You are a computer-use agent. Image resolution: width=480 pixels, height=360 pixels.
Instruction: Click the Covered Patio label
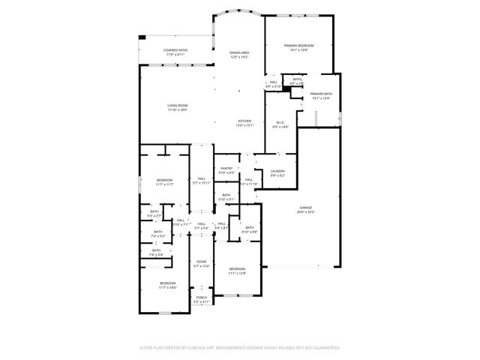click(x=176, y=50)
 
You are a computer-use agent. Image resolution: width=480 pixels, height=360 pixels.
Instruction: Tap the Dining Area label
click(x=239, y=52)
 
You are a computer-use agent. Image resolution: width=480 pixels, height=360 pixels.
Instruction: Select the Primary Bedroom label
click(x=298, y=46)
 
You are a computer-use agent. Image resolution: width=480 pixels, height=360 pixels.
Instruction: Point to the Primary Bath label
click(x=321, y=94)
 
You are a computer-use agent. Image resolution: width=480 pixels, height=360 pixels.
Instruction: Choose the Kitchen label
click(x=244, y=121)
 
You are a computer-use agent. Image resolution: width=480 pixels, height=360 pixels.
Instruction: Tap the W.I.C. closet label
click(x=279, y=122)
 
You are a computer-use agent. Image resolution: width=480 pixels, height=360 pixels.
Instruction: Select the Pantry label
click(x=226, y=169)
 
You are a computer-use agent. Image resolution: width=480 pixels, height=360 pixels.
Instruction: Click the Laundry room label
click(x=277, y=171)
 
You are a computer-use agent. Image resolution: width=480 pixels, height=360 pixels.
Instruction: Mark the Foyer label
click(x=201, y=261)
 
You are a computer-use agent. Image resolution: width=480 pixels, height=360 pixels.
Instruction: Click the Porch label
click(x=201, y=297)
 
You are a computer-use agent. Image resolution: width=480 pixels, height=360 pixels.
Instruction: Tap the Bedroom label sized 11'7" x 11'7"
click(x=165, y=180)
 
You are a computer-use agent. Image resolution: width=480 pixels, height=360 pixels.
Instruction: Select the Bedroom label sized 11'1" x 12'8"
click(x=237, y=268)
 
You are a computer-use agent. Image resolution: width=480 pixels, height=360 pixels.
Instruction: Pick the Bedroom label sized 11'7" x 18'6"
click(x=166, y=283)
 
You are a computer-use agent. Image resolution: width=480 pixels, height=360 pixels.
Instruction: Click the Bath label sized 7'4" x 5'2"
click(x=157, y=232)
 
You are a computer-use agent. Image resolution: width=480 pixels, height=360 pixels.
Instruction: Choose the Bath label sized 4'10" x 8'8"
click(x=250, y=227)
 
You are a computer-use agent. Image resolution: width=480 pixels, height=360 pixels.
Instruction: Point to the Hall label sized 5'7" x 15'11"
click(x=200, y=178)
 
